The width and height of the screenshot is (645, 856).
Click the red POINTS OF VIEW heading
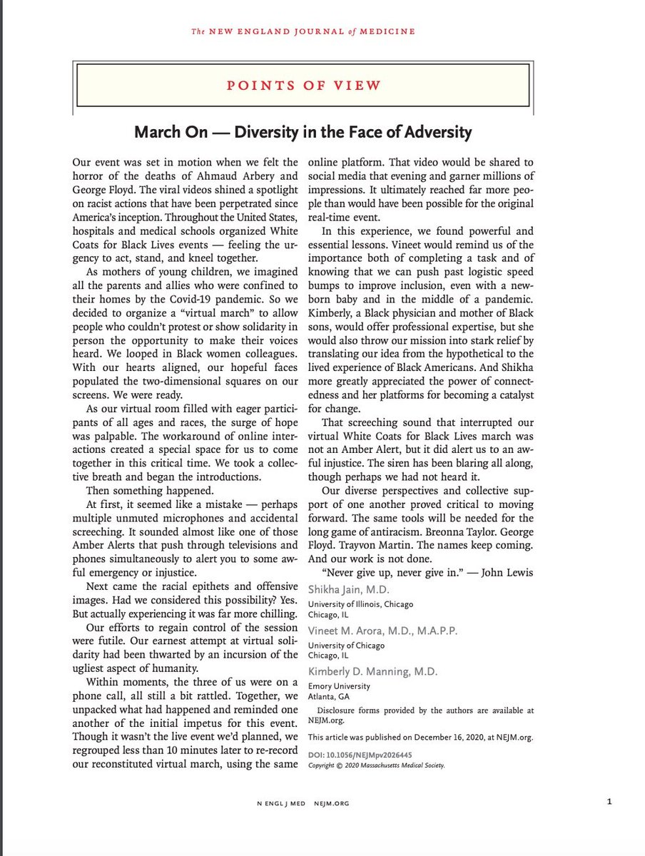coord(303,85)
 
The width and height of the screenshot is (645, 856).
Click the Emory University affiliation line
coord(339,686)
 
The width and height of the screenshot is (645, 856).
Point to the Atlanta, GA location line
coord(329,697)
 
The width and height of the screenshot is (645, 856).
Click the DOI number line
coord(360,755)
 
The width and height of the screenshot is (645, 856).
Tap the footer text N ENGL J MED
coord(280,803)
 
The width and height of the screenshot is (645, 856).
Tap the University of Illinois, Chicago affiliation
coord(360,603)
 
